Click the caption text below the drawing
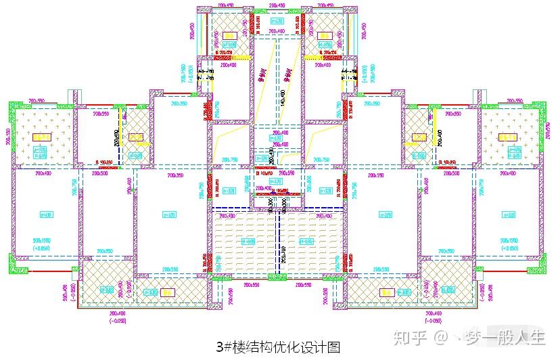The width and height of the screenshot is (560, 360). coord(278,347)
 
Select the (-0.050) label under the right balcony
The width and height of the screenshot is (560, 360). coord(436,320)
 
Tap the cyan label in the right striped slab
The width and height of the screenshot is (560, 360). coord(307,241)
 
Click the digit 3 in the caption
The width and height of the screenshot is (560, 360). coord(220,347)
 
